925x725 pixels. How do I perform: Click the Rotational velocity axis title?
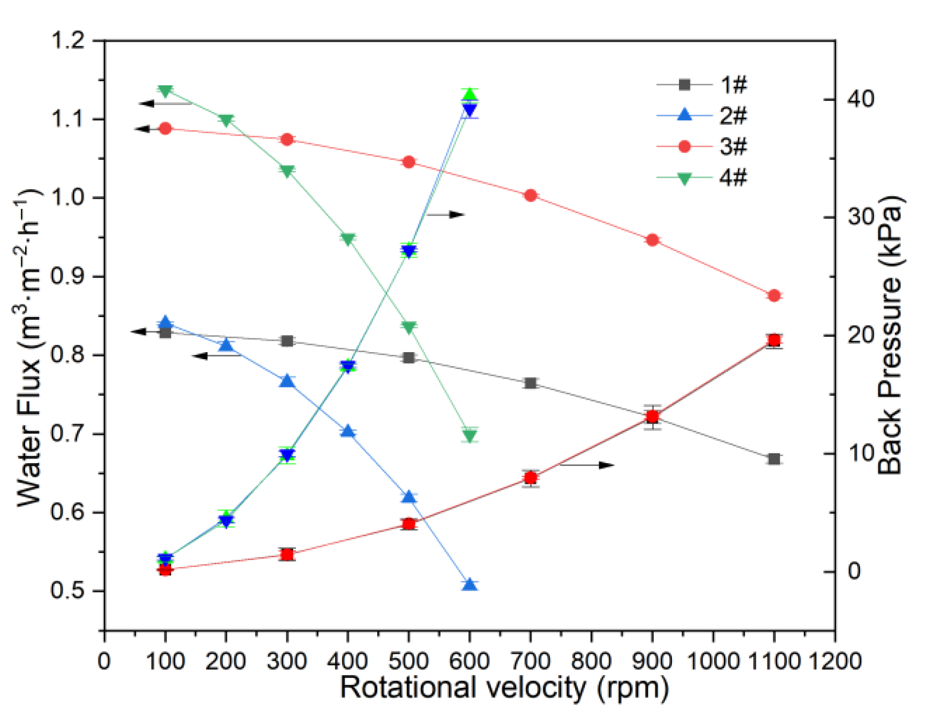(504, 687)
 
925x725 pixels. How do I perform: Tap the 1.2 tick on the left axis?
(68, 40)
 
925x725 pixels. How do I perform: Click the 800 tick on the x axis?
(591, 661)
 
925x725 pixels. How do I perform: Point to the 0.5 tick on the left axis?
(68, 591)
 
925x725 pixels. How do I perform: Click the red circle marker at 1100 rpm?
(774, 296)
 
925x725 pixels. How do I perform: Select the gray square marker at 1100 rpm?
(774, 459)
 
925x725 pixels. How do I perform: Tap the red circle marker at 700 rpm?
(530, 196)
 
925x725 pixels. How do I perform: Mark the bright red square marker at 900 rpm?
(652, 417)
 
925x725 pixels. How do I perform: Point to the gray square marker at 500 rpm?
(408, 358)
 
